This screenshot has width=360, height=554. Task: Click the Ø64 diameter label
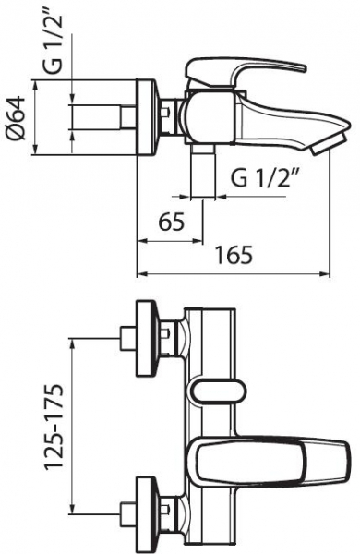17,117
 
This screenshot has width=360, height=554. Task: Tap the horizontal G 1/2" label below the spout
264,178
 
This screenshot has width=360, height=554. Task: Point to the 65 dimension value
172,222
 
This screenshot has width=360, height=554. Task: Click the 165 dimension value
234,255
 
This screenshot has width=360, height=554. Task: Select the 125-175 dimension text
54,427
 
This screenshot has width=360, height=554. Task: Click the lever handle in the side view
244,72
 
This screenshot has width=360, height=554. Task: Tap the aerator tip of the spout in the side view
327,144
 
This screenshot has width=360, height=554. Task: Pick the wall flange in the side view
145,117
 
